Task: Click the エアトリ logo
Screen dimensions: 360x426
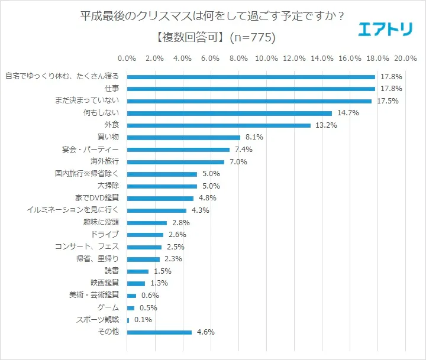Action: [385, 29]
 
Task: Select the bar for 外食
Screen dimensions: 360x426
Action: [219, 125]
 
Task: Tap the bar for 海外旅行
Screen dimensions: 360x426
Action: [176, 162]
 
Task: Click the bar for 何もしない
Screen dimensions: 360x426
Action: [230, 113]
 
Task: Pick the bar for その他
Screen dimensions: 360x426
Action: [160, 332]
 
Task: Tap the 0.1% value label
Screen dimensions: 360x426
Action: [143, 320]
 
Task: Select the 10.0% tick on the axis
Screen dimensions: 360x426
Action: [266, 59]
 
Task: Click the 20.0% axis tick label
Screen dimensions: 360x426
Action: [406, 59]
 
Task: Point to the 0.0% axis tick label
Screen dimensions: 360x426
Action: [127, 59]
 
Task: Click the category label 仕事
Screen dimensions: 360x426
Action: [111, 89]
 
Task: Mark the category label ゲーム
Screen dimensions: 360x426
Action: [108, 308]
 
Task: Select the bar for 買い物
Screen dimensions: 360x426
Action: [183, 138]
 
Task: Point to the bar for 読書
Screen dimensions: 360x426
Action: [138, 271]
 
